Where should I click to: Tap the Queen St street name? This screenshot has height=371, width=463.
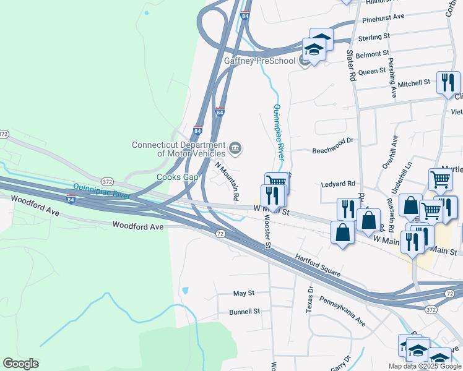click(x=372, y=72)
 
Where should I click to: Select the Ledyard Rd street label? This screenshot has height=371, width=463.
click(x=338, y=184)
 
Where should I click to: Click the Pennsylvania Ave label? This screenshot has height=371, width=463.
click(x=342, y=310)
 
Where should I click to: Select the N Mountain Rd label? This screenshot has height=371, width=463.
click(x=227, y=181)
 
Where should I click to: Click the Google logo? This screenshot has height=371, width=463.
click(x=20, y=364)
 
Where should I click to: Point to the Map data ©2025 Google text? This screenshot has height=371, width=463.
click(x=424, y=366)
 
